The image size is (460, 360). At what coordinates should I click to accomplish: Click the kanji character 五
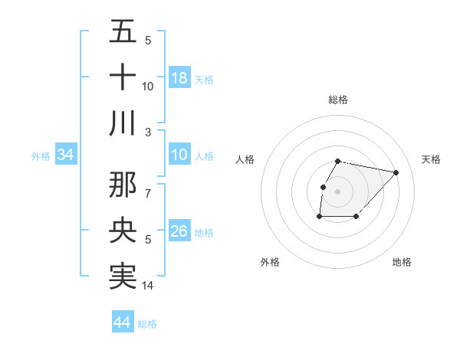pyautogui.click(x=123, y=31)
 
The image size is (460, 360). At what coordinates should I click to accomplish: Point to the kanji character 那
pyautogui.click(x=123, y=183)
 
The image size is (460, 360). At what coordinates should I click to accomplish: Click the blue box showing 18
pyautogui.click(x=179, y=77)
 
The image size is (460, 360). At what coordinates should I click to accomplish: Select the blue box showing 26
pyautogui.click(x=179, y=231)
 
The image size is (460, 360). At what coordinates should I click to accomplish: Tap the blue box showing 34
pyautogui.click(x=66, y=155)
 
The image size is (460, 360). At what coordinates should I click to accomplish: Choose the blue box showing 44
pyautogui.click(x=122, y=322)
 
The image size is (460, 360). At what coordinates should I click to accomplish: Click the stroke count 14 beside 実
pyautogui.click(x=149, y=286)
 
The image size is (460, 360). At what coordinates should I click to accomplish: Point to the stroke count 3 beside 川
pyautogui.click(x=149, y=132)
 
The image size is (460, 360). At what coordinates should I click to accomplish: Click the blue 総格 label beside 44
pyautogui.click(x=147, y=324)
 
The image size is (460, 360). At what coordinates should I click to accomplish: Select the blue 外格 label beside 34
pyautogui.click(x=41, y=156)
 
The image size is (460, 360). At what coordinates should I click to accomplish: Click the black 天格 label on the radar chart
pyautogui.click(x=432, y=159)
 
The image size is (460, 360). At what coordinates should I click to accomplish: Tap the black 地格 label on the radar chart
pyautogui.click(x=402, y=262)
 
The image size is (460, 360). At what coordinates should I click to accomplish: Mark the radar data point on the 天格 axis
pyautogui.click(x=396, y=172)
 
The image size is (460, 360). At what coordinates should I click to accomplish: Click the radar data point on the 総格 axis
pyautogui.click(x=338, y=161)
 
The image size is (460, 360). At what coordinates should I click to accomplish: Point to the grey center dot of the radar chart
pyautogui.click(x=338, y=191)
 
